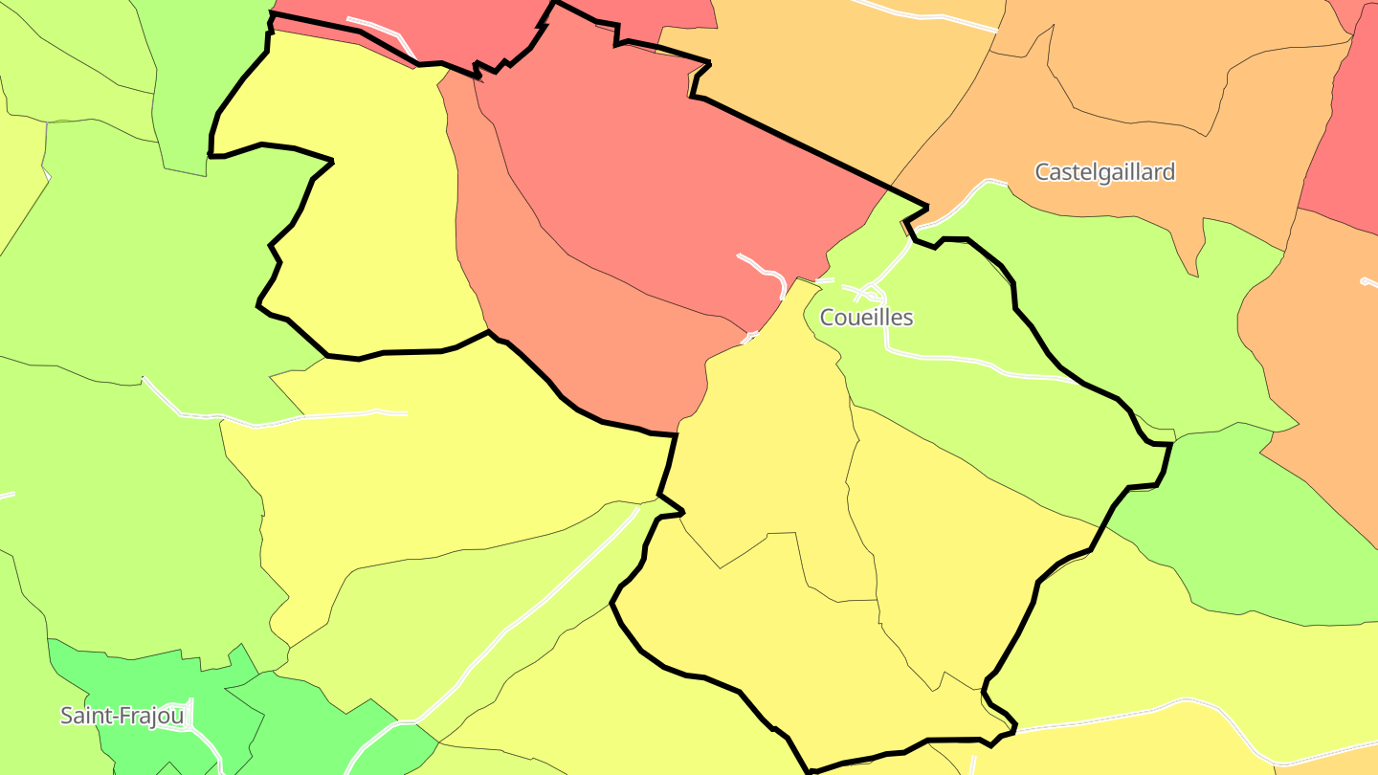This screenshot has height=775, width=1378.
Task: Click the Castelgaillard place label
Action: coord(1104,172)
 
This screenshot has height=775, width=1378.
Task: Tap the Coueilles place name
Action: coord(866,318)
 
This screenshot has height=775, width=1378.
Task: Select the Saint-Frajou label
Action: coord(122,716)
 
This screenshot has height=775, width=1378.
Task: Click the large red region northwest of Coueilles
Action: coord(651,172)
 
